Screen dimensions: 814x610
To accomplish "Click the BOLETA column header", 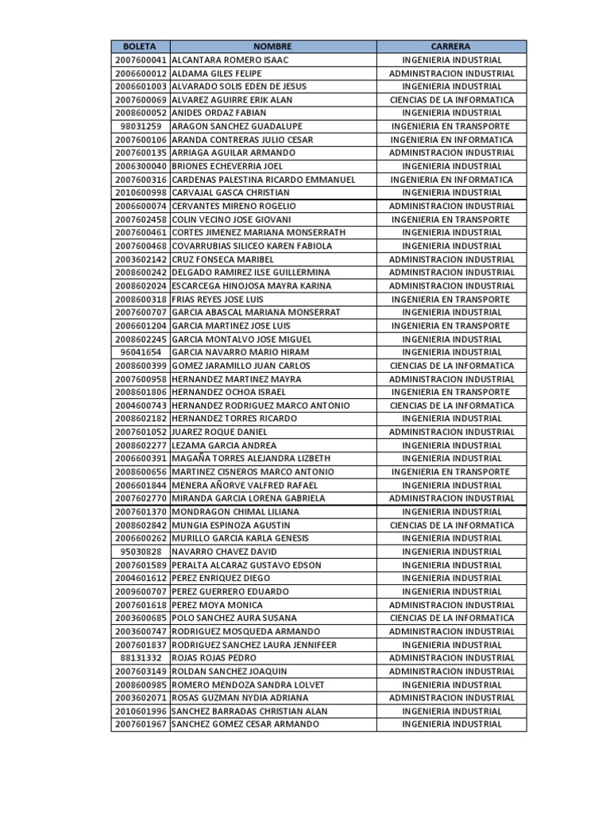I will (141, 47).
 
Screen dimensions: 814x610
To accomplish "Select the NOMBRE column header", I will (272, 47).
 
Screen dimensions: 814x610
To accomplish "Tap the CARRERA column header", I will (451, 47).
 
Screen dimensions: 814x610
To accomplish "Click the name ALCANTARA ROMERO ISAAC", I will (230, 60).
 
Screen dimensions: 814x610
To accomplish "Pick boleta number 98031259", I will (141, 126).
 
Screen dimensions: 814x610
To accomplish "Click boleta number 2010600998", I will (141, 193).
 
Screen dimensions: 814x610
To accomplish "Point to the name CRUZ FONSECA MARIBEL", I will (223, 259).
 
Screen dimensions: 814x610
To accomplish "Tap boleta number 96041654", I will (141, 352).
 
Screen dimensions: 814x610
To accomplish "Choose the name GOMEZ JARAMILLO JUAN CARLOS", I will (241, 366).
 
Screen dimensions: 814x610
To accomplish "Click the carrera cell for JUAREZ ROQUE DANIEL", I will (451, 432).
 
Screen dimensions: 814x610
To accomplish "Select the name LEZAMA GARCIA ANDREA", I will (224, 445).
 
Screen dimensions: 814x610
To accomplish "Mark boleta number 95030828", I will (141, 552).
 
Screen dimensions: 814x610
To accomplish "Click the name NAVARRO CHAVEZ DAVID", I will (224, 552).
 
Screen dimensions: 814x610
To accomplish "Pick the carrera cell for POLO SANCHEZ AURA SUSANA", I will (451, 618).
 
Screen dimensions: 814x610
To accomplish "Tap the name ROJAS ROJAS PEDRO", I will (214, 658).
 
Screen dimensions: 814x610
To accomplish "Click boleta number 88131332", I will (141, 658).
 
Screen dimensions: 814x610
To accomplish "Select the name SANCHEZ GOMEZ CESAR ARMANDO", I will (245, 724).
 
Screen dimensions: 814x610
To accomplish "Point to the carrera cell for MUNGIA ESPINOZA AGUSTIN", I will (451, 525).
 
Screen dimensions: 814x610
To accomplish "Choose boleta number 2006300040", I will (141, 166).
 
